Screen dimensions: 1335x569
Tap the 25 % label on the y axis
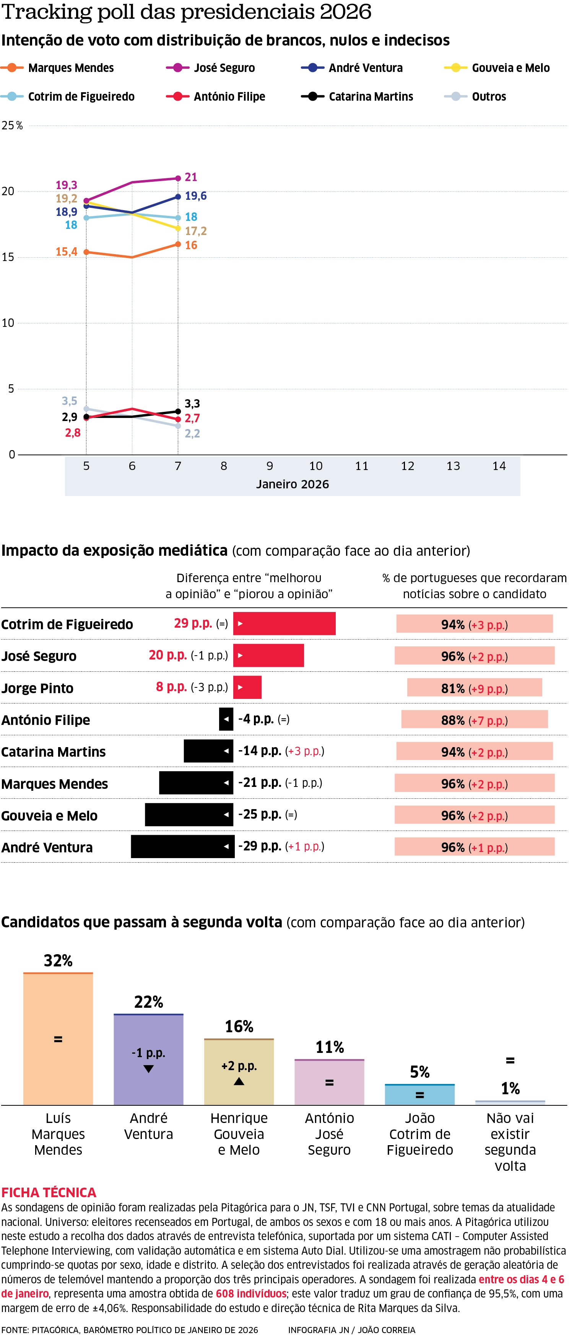(x=12, y=126)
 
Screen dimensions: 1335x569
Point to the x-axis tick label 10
(x=315, y=466)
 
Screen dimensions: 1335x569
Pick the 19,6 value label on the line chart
(x=196, y=196)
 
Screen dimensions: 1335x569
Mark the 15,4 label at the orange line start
(x=66, y=252)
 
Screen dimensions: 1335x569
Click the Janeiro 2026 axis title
(x=292, y=484)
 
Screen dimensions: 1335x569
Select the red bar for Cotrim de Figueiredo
(x=284, y=623)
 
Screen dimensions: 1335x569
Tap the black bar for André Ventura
(x=182, y=846)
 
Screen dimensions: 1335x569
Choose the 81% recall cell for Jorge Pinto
(x=474, y=688)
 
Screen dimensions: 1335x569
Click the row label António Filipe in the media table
(x=46, y=720)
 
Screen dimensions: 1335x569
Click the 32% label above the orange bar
(x=58, y=960)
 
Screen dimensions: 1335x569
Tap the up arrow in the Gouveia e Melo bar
(x=239, y=1081)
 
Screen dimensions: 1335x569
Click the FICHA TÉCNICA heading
(x=49, y=1193)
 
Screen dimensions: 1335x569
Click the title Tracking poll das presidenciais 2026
(x=186, y=11)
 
